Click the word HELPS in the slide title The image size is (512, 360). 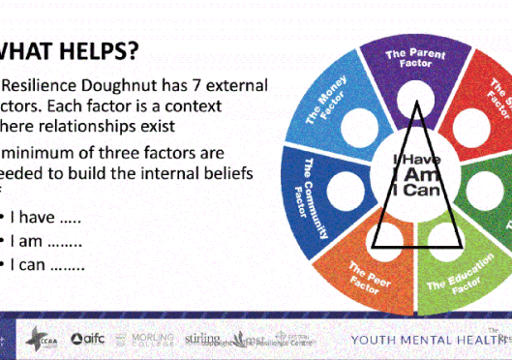(96, 48)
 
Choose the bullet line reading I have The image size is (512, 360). (45, 217)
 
